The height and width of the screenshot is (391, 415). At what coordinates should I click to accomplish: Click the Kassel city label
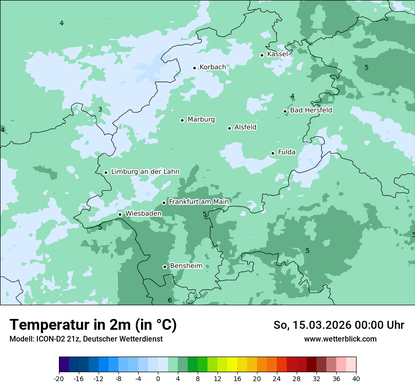point(277,54)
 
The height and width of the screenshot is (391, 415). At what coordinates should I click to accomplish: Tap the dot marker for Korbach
point(194,68)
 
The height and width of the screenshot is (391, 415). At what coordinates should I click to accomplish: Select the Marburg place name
point(201,120)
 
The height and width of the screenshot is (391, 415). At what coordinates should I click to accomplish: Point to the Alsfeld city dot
point(230,128)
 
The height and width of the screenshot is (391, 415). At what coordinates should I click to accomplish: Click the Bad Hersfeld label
point(311,110)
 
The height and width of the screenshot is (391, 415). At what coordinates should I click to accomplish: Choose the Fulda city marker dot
point(273,153)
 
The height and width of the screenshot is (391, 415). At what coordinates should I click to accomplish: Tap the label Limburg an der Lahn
point(145,172)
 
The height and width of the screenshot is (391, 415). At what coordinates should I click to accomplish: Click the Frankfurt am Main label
point(199,202)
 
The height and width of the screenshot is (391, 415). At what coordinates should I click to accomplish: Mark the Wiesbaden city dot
point(120,215)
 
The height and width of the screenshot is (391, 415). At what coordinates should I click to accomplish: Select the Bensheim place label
point(186,266)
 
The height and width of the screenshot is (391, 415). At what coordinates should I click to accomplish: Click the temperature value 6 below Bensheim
point(170,301)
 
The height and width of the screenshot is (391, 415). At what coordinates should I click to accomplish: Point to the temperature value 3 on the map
point(100,110)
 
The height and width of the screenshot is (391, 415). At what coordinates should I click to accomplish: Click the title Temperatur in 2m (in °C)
point(93,325)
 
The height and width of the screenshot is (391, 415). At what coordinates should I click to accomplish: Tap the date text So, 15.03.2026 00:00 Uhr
point(339,325)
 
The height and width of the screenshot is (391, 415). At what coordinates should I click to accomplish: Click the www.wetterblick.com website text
point(340,339)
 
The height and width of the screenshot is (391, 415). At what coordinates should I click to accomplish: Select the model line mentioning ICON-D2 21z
point(86,339)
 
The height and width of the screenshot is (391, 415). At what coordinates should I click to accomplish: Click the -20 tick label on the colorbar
point(59,379)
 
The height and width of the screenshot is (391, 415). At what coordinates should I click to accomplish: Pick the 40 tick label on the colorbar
point(356,379)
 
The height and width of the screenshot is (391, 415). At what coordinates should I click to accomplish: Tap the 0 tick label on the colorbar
point(158,379)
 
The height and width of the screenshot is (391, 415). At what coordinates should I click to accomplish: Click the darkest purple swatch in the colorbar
point(64,365)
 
